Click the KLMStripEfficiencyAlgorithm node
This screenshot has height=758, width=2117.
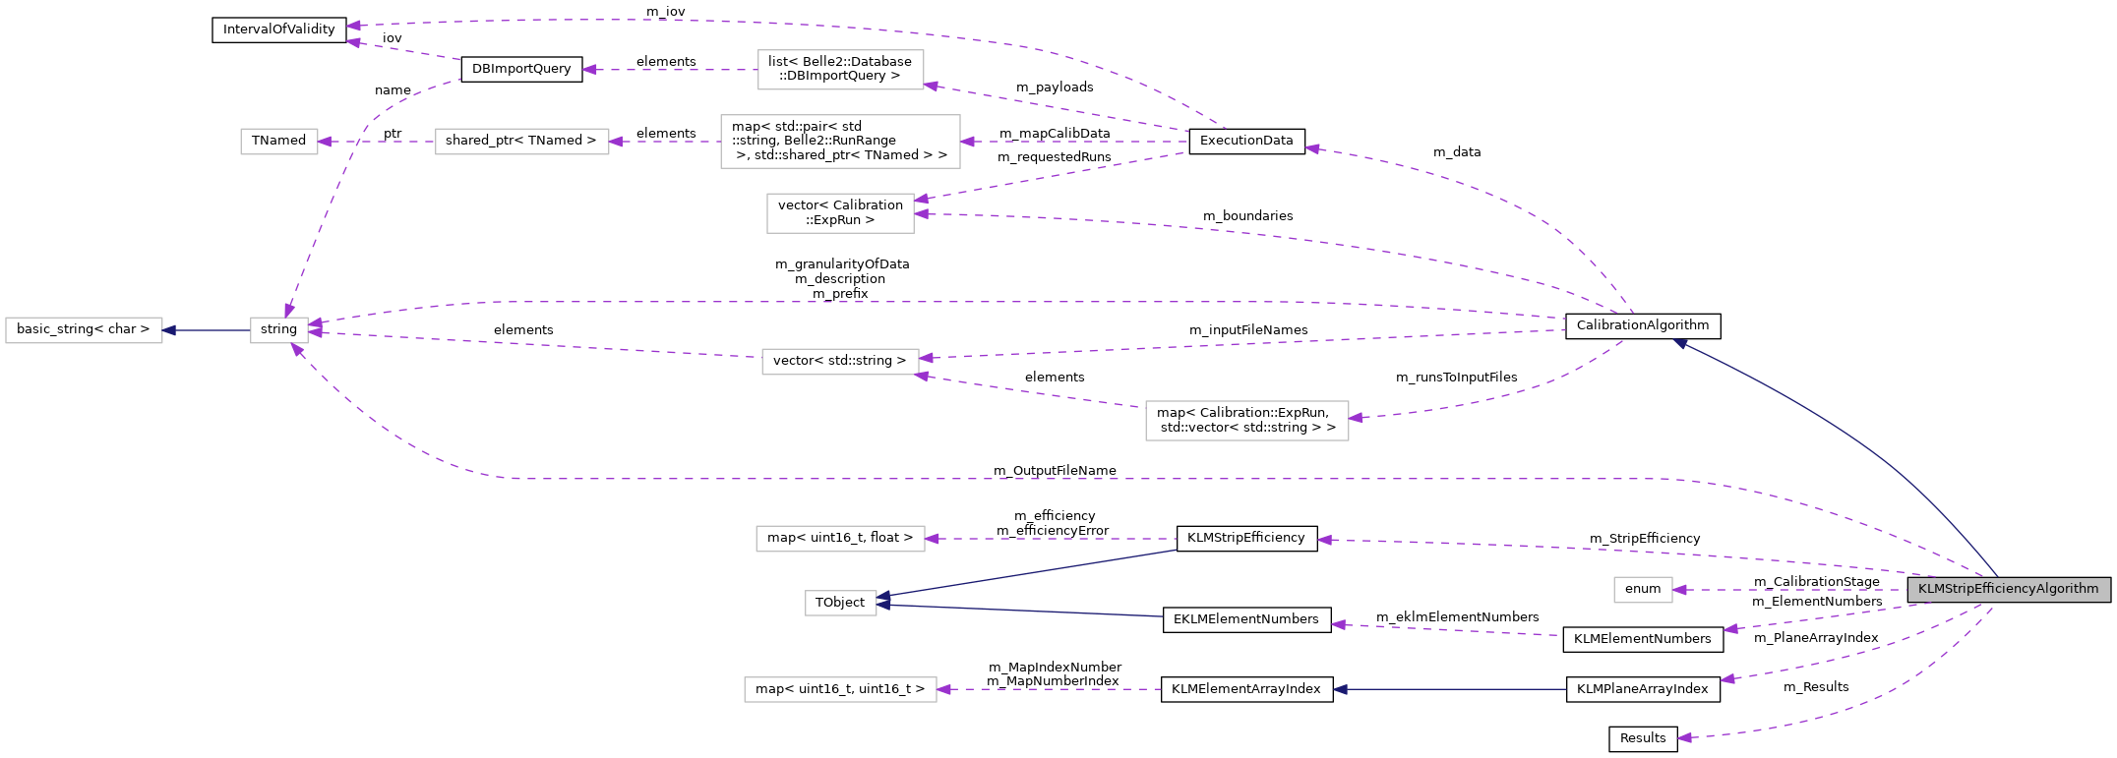[x=2008, y=590]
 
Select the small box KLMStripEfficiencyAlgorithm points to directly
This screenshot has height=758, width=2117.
[x=1643, y=590]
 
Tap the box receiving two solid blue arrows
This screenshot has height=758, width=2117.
[x=840, y=603]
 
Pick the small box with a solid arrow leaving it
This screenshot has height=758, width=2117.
[x=279, y=330]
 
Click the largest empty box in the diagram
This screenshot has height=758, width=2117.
[x=840, y=142]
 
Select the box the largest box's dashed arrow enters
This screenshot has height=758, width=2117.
[x=521, y=142]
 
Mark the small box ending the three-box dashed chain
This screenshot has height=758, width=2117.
[x=279, y=142]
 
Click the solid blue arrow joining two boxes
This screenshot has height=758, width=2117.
[x=207, y=330]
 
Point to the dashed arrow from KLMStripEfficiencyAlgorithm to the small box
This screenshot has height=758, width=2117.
[x=1790, y=590]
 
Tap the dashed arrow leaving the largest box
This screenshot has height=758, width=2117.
[x=665, y=142]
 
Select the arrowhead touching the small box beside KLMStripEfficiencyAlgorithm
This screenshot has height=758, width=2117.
[x=1680, y=590]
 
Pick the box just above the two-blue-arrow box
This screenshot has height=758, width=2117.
[x=840, y=539]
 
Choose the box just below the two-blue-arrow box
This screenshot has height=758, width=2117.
[x=840, y=689]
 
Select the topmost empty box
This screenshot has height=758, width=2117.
[x=840, y=70]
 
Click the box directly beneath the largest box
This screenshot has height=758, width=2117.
[x=840, y=213]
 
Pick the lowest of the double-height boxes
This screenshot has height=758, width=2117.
[x=1246, y=421]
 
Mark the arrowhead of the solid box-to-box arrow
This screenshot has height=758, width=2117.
[x=169, y=330]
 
